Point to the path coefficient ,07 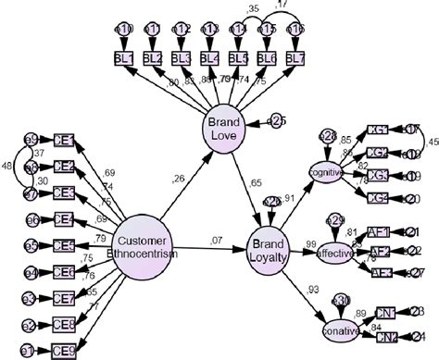coord(217,241)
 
